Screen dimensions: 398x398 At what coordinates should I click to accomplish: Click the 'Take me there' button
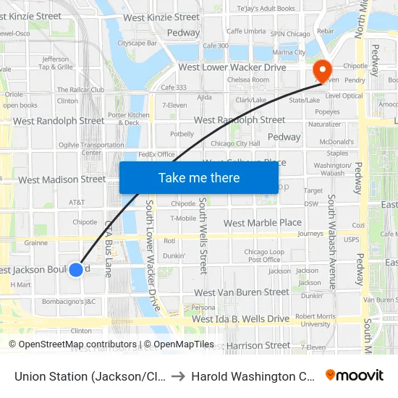(x=199, y=178)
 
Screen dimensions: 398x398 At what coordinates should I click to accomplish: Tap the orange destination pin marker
(x=321, y=71)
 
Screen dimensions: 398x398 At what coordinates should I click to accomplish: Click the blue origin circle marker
(x=76, y=270)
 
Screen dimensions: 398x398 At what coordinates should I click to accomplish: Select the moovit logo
(x=354, y=376)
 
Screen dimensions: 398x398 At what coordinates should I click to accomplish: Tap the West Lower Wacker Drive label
(x=232, y=67)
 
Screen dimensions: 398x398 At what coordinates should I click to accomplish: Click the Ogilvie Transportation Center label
(x=91, y=148)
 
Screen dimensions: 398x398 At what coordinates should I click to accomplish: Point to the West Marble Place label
(x=263, y=223)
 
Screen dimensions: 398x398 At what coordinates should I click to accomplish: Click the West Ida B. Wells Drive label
(x=240, y=319)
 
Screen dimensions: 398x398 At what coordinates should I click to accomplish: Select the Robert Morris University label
(x=316, y=320)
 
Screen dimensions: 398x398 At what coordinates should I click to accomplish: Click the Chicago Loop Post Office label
(x=262, y=255)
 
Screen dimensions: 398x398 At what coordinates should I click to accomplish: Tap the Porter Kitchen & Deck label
(x=129, y=119)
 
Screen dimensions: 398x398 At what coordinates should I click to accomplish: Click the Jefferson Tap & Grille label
(x=56, y=63)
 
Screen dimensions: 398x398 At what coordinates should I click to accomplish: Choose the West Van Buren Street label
(x=242, y=292)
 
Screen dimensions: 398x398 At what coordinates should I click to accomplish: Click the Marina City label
(x=289, y=53)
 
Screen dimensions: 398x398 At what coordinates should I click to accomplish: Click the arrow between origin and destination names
(x=179, y=376)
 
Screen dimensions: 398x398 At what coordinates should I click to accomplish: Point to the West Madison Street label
(x=62, y=179)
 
